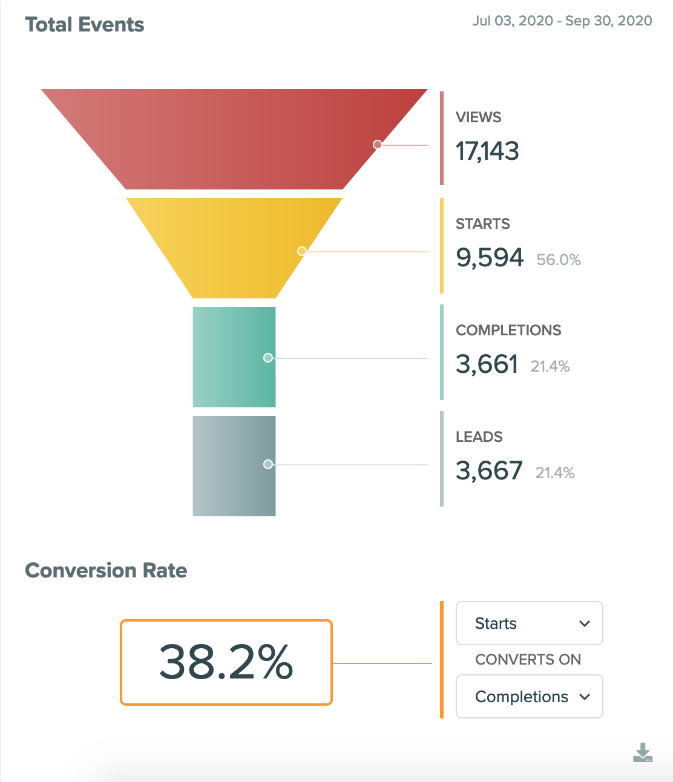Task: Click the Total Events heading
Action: [x=84, y=25]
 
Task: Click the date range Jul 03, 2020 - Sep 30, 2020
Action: [x=562, y=21]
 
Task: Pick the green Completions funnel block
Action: [x=234, y=357]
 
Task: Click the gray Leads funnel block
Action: [x=234, y=466]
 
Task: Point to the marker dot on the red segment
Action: [x=377, y=145]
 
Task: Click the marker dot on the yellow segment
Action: [x=301, y=251]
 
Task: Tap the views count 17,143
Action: [x=487, y=151]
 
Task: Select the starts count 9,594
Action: [x=490, y=258]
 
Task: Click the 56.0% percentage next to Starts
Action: [x=559, y=260]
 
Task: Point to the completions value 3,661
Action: [x=487, y=364]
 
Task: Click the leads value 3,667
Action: [x=489, y=471]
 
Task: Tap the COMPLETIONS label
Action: [x=508, y=330]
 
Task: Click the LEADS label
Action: [x=479, y=437]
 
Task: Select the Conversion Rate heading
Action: [x=106, y=571]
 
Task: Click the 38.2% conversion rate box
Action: [x=226, y=662]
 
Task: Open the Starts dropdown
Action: [x=529, y=623]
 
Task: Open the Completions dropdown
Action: [x=529, y=697]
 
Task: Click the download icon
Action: [x=642, y=753]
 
